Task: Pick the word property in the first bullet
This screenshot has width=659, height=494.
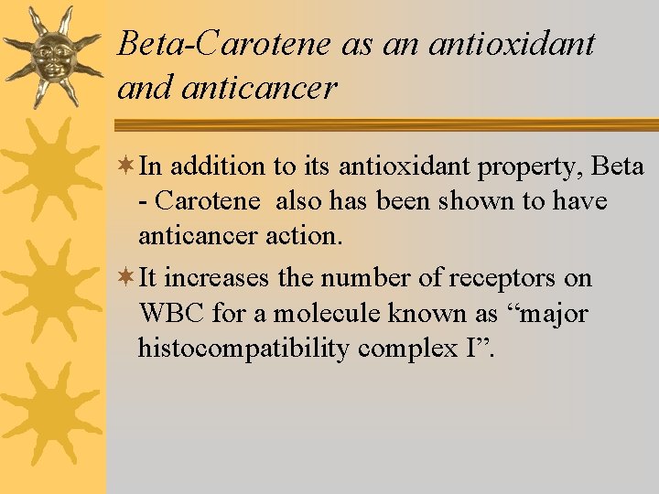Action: coord(532,166)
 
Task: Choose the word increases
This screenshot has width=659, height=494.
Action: coord(231,278)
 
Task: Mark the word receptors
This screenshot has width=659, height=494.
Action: coord(493,278)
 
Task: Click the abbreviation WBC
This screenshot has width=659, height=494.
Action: coord(171,314)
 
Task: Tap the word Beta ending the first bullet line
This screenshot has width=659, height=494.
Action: coord(618,166)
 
